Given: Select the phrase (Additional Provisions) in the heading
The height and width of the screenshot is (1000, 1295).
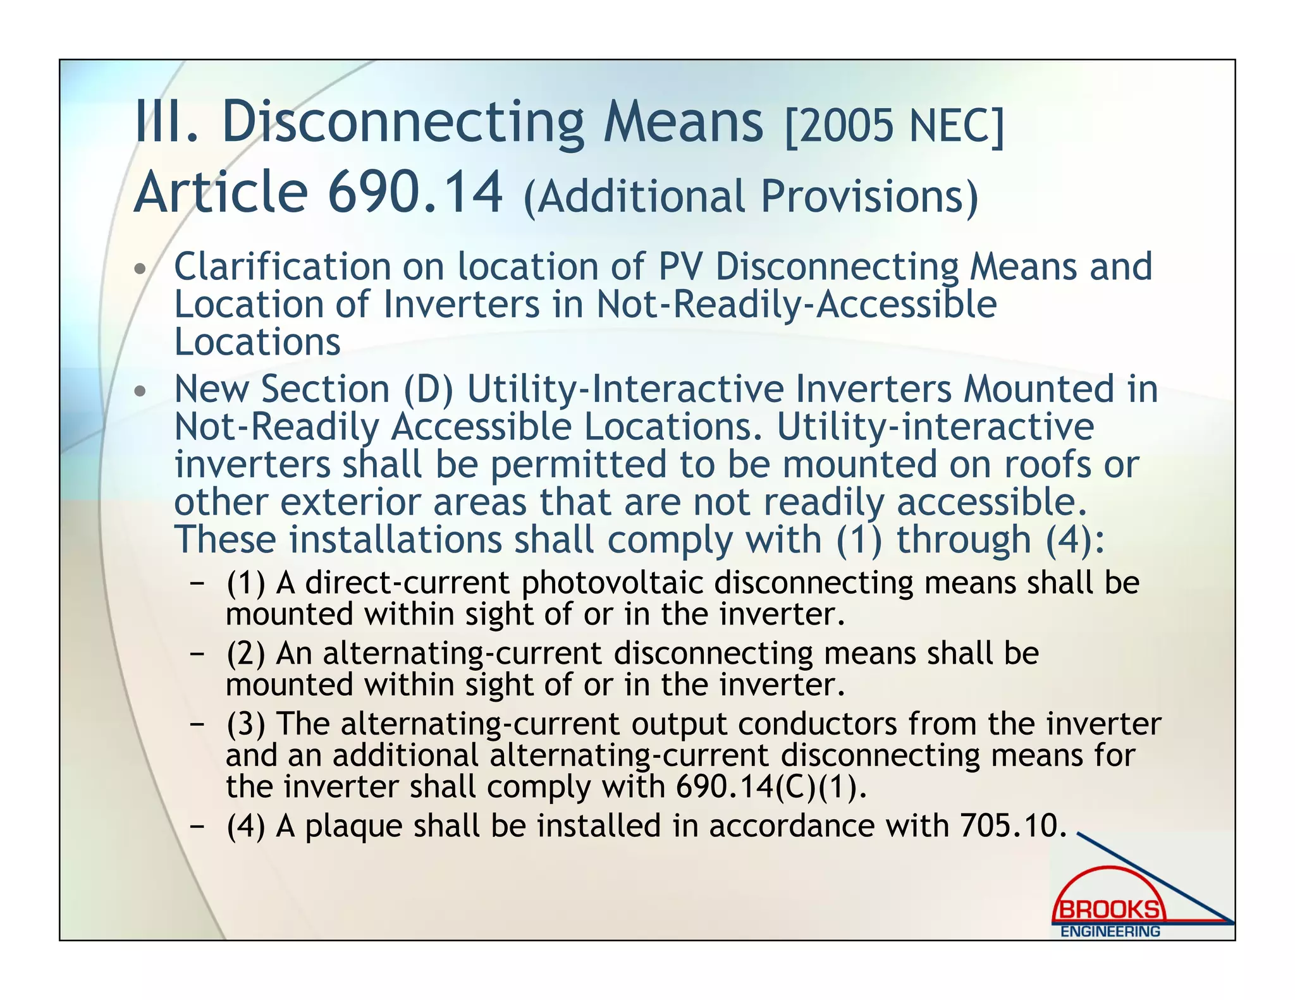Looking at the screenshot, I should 751,196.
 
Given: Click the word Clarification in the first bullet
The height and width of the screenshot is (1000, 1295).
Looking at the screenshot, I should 282,267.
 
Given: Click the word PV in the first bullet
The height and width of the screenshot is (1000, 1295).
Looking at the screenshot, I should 680,267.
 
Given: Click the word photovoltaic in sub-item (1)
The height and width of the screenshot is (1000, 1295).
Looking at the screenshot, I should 612,583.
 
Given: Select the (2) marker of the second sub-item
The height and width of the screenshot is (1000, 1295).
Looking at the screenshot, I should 245,654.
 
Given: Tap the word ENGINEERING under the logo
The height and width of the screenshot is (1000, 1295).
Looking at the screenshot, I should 1110,931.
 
